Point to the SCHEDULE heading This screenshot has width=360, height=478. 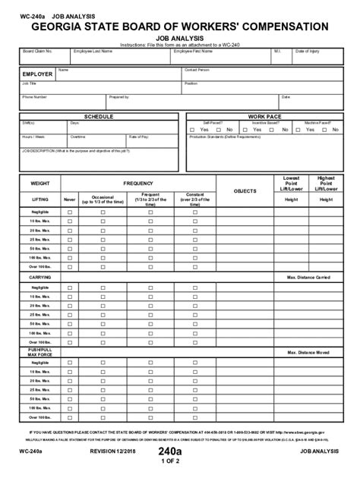click(99, 116)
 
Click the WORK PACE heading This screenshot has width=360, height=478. click(264, 116)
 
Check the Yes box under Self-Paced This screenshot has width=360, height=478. click(195, 130)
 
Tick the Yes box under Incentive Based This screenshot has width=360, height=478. click(245, 130)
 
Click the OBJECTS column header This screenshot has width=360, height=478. click(245, 190)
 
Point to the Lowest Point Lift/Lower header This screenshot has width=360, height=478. click(291, 183)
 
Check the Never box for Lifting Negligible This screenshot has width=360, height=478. click(70, 213)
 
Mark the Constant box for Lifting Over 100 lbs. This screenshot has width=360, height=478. click(194, 267)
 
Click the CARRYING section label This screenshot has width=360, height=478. click(39, 277)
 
